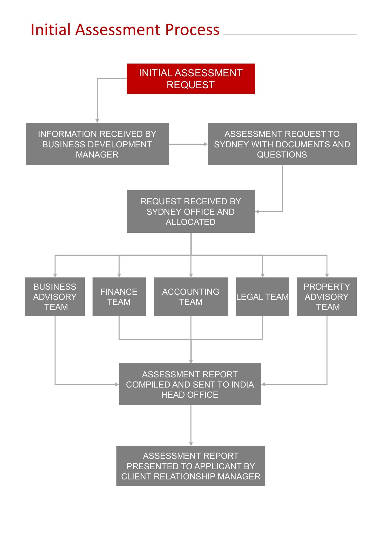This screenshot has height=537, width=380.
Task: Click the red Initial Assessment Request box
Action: click(191, 79)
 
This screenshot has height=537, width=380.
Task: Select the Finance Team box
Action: click(119, 297)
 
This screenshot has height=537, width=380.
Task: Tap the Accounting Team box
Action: click(191, 297)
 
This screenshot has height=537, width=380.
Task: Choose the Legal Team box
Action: click(262, 297)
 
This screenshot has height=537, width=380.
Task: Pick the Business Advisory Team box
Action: click(55, 297)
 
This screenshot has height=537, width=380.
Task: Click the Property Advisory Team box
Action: click(327, 297)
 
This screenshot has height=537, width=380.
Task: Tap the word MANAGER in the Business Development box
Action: click(97, 155)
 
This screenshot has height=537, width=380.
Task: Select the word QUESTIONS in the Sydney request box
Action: click(282, 155)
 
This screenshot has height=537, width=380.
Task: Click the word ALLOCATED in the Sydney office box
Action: click(190, 222)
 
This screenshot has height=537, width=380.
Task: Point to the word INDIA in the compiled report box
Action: click(242, 385)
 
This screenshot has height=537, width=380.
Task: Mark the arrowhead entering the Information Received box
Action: click(97, 121)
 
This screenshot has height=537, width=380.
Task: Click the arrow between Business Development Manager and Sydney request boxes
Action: click(188, 144)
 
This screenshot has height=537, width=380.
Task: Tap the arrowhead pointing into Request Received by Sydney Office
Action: click(257, 212)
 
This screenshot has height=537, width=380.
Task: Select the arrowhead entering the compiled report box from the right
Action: click(263, 384)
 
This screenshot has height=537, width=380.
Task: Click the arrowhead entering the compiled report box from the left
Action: click(117, 384)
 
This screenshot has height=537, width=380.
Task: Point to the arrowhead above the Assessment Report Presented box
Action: click(191, 444)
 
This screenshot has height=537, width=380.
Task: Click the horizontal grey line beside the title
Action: click(290, 35)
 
